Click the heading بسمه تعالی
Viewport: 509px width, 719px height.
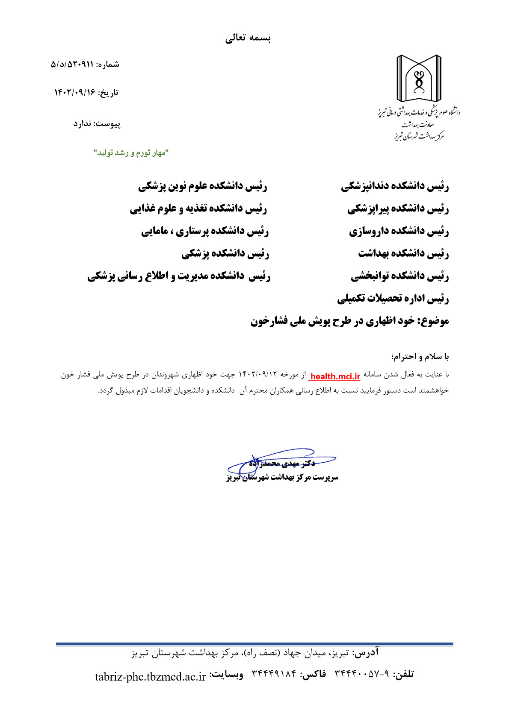(x=248, y=38)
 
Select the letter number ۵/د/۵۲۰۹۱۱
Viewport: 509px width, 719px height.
(x=72, y=65)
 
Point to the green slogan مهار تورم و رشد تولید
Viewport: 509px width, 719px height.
(x=132, y=153)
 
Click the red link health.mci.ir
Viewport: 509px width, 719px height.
(x=335, y=376)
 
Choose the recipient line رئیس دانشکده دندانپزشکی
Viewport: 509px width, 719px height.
(x=395, y=186)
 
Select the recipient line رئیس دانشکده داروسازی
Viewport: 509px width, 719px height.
(x=399, y=232)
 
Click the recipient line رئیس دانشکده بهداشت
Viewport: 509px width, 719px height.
(x=403, y=254)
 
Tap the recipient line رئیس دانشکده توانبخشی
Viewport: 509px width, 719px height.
(x=400, y=276)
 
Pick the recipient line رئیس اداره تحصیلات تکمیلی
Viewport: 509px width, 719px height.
(x=393, y=299)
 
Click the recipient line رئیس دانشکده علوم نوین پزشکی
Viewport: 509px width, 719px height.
(x=203, y=186)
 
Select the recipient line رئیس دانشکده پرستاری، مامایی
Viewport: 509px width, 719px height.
(x=205, y=232)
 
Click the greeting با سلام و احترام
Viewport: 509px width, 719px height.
(x=420, y=356)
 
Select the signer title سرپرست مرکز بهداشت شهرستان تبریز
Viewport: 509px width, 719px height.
(x=282, y=477)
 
